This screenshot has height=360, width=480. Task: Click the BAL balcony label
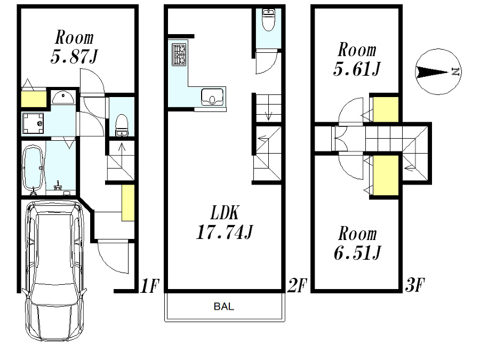[223, 307]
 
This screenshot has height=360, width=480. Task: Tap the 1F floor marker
[149, 286]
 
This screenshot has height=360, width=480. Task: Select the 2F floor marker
[296, 286]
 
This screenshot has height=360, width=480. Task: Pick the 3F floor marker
[414, 286]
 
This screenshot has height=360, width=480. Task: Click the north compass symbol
[438, 72]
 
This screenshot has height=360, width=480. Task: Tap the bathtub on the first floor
[34, 166]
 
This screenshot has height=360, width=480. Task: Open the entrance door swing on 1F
[113, 257]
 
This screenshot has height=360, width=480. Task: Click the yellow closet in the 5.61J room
[385, 110]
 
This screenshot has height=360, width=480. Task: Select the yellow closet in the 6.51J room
[385, 176]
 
